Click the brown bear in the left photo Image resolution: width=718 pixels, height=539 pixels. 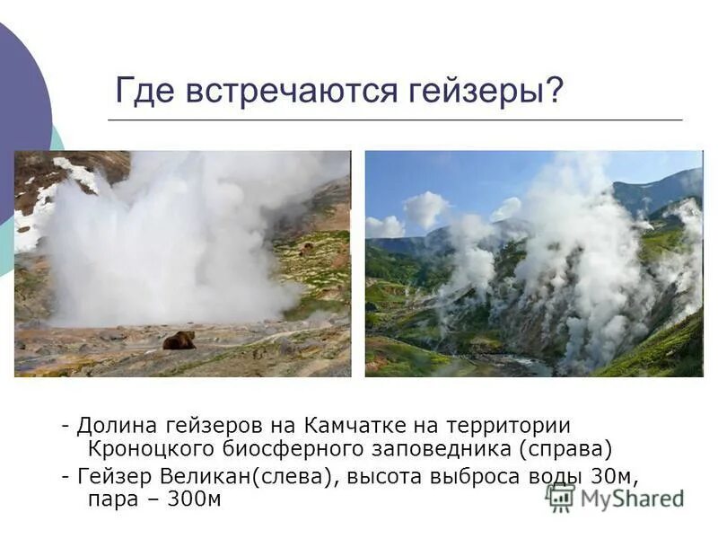[x=179, y=340]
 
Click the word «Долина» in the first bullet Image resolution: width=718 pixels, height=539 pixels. [x=113, y=424]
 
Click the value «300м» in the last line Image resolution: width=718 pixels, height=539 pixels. [x=190, y=499]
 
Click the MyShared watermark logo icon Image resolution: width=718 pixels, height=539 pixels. [x=561, y=497]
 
